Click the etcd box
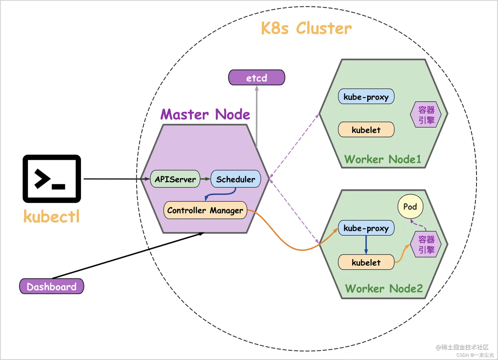pyautogui.click(x=257, y=78)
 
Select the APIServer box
pyautogui.click(x=175, y=179)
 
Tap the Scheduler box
pyautogui.click(x=235, y=179)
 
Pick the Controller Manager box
pyautogui.click(x=205, y=210)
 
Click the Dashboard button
pyautogui.click(x=52, y=286)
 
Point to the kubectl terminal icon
pyautogui.click(x=52, y=179)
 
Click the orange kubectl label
pyautogui.click(x=52, y=217)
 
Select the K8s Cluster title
pyautogui.click(x=306, y=28)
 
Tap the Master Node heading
pyautogui.click(x=205, y=114)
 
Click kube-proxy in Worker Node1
pyautogui.click(x=366, y=97)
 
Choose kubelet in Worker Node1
pyautogui.click(x=366, y=130)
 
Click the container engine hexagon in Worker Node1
pyautogui.click(x=426, y=115)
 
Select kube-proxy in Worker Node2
pyautogui.click(x=366, y=228)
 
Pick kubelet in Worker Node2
pyautogui.click(x=366, y=262)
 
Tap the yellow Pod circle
pyautogui.click(x=410, y=207)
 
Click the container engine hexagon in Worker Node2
pyautogui.click(x=426, y=244)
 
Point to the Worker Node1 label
pyautogui.click(x=383, y=159)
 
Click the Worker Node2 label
pyautogui.click(x=384, y=288)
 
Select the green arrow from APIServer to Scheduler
pyautogui.click(x=205, y=179)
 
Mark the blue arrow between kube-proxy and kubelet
pyautogui.click(x=366, y=245)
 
